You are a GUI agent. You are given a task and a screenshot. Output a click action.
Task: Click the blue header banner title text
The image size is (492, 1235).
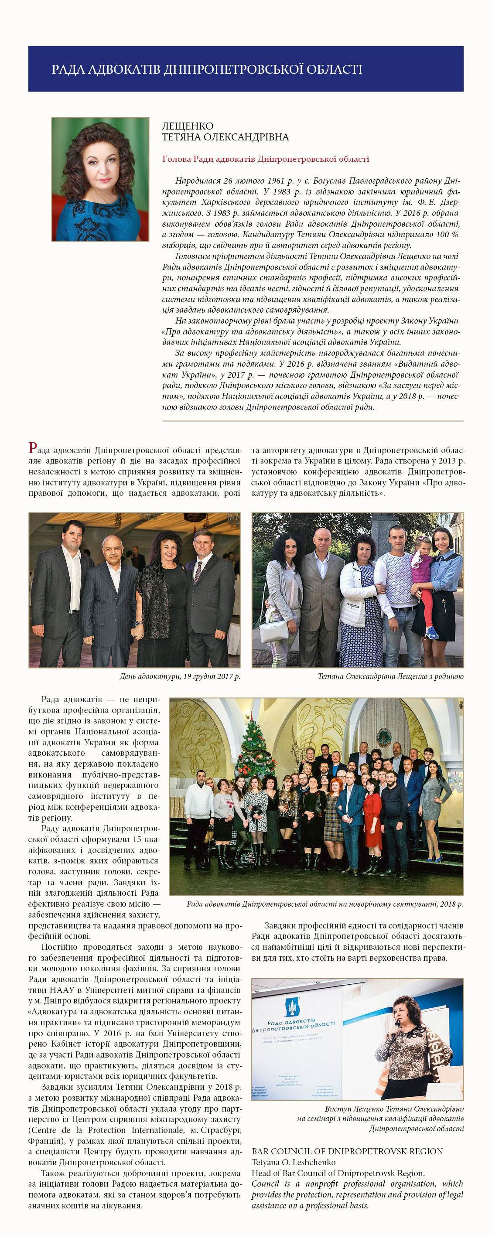[207, 69]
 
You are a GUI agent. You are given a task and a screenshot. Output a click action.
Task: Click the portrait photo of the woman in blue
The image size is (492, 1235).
[100, 179]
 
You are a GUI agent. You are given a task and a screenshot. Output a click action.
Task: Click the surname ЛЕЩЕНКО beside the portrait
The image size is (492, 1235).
[188, 126]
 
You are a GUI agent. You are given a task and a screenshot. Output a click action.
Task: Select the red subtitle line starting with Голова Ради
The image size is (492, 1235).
[265, 159]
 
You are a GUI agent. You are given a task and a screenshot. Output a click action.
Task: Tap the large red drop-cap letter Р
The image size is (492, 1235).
[33, 448]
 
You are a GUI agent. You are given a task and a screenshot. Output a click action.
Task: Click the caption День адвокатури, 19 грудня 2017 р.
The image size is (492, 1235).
[179, 676]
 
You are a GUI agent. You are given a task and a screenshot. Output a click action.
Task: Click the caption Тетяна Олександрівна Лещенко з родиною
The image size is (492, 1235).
[390, 676]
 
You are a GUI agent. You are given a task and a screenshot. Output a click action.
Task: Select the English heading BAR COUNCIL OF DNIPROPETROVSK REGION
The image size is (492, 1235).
[347, 1151]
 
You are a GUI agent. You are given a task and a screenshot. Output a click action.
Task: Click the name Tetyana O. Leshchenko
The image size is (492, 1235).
[294, 1162]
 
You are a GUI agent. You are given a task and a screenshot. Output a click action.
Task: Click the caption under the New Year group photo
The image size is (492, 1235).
[325, 904]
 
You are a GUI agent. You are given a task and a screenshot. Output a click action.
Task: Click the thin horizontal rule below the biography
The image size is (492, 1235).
[313, 421]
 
